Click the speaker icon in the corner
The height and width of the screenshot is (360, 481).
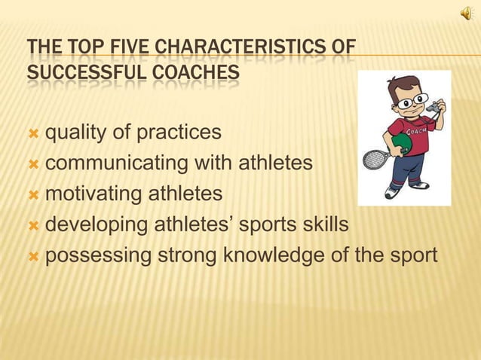464,13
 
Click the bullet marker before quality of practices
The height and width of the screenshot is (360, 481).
32,134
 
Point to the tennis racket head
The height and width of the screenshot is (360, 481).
373,159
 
